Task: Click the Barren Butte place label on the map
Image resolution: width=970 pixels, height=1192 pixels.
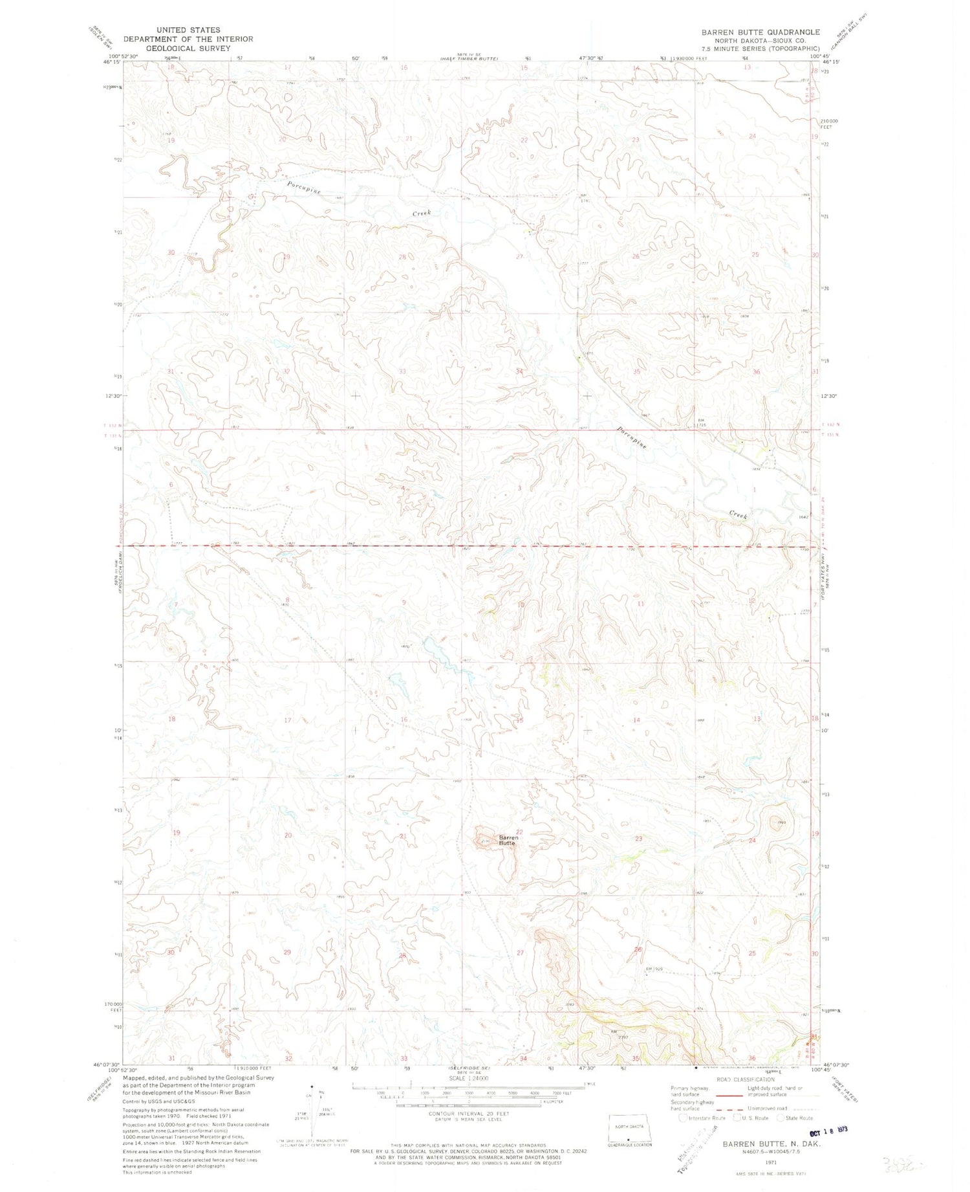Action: [x=508, y=841]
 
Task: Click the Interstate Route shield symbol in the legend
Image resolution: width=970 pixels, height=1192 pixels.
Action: [x=684, y=1117]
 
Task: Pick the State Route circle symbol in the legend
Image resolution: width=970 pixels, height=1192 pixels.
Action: [x=782, y=1117]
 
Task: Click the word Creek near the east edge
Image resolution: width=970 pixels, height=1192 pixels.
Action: [x=738, y=514]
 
